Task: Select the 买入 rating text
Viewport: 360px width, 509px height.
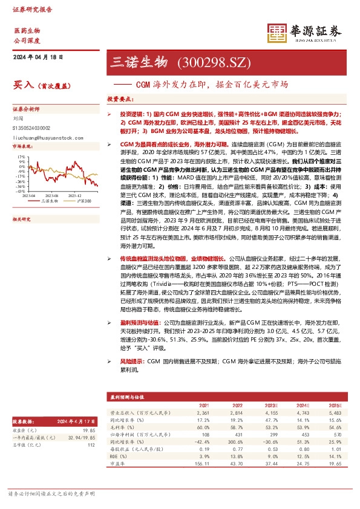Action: click(24, 86)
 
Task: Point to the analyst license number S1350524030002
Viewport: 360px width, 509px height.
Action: click(32, 128)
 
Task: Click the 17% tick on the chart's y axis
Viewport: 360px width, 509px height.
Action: click(21, 156)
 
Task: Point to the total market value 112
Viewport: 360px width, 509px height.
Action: click(91, 444)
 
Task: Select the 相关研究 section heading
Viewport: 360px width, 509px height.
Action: click(21, 219)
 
